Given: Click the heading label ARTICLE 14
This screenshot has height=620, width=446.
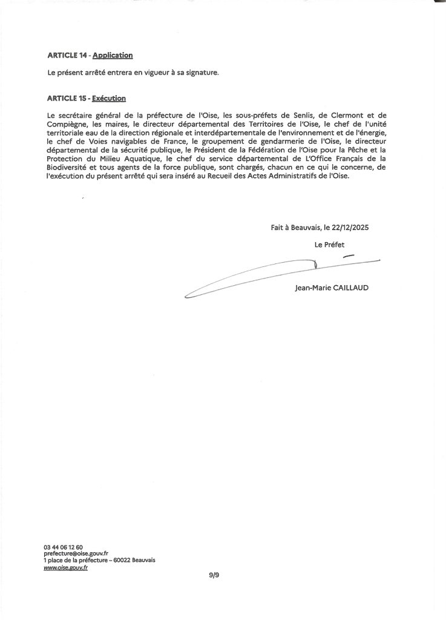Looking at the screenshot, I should pyautogui.click(x=67, y=55).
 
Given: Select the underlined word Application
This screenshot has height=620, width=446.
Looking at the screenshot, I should pyautogui.click(x=113, y=55).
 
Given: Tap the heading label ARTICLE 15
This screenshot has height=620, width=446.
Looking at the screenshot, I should pyautogui.click(x=67, y=97).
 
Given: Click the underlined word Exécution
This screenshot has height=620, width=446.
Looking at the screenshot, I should pyautogui.click(x=109, y=97).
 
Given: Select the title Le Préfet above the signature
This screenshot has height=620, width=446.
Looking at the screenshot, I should pyautogui.click(x=329, y=245).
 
